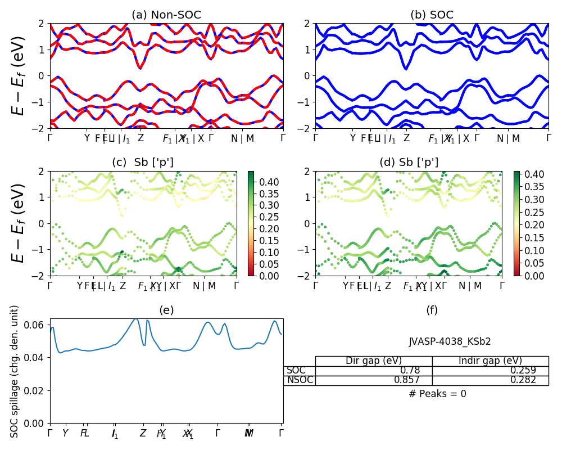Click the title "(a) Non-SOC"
tap(166, 15)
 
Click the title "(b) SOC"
tap(432, 15)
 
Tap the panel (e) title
tap(166, 310)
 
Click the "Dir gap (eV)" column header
tap(374, 361)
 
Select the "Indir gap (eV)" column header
tap(490, 361)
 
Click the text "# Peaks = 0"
tap(438, 394)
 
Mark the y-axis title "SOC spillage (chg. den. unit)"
tap(15, 371)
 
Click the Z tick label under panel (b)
tap(406, 138)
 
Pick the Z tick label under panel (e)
tap(143, 433)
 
